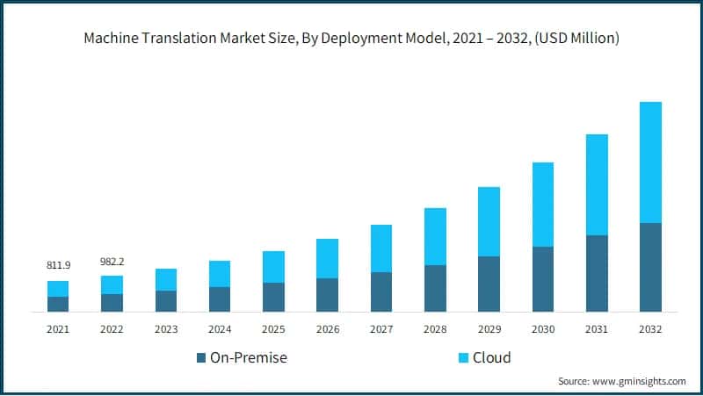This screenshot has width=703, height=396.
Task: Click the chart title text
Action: (351, 39)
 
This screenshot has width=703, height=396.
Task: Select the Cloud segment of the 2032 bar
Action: (650, 162)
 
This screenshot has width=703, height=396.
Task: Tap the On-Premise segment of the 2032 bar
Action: (650, 267)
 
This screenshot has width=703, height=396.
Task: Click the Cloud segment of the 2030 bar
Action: (543, 205)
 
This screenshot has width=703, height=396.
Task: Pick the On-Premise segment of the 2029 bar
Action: (489, 284)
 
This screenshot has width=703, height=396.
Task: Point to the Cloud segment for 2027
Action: (381, 248)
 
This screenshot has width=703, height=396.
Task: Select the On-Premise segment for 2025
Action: (274, 297)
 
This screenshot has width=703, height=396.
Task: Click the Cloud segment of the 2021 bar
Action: (58, 289)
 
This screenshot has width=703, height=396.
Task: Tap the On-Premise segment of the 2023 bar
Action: (166, 301)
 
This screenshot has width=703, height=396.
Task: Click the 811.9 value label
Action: (58, 264)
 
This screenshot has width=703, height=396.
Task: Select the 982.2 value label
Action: (112, 261)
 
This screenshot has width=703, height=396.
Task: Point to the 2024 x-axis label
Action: (220, 329)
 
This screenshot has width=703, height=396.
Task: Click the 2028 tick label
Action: (435, 329)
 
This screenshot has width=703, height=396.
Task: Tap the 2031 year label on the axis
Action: (597, 329)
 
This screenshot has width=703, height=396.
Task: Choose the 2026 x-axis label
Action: (328, 329)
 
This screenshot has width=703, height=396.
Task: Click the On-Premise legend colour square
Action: (201, 357)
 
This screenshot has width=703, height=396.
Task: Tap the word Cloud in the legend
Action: (491, 357)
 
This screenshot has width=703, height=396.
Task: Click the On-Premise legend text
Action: (248, 357)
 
